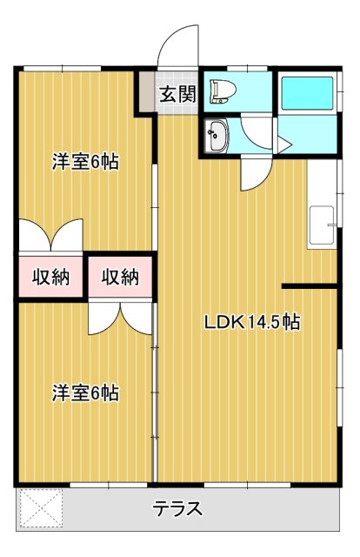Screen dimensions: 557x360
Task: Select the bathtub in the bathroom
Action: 307,92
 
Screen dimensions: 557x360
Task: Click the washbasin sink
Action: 215,135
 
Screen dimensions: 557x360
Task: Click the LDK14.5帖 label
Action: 252,322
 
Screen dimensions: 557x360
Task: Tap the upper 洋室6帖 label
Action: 85,161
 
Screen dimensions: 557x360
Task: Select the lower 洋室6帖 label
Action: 85,393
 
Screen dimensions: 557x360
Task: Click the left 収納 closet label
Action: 50,278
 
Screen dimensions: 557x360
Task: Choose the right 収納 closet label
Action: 120,278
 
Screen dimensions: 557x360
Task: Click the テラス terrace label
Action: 178,509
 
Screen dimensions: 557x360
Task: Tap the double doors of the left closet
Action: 50,236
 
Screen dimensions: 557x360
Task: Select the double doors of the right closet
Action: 120,318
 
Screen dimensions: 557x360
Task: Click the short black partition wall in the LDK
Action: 310,285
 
